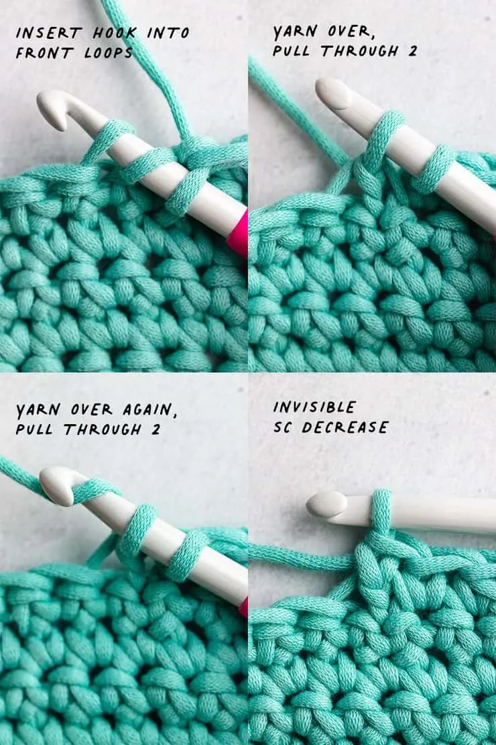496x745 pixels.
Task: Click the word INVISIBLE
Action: (314, 407)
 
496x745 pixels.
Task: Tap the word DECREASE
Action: (345, 428)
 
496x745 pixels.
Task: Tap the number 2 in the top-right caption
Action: (412, 51)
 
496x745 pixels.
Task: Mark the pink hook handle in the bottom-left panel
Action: (244, 607)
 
